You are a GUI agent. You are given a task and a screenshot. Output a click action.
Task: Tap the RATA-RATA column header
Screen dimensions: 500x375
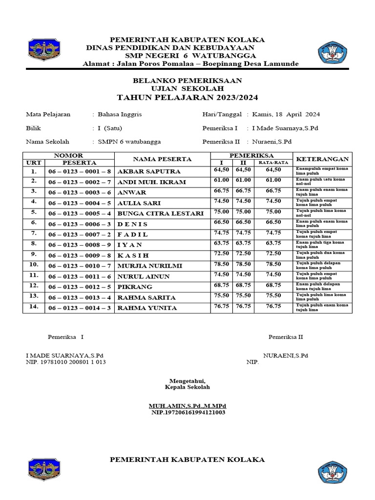pos(273,163)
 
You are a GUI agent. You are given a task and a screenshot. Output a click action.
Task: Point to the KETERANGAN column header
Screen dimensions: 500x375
pos(323,159)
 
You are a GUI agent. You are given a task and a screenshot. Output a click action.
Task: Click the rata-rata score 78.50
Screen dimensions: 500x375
pos(273,264)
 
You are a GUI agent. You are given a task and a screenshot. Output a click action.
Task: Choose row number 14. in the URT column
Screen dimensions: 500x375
pos(34,307)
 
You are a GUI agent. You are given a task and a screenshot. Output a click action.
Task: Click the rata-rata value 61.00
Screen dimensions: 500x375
pos(273,180)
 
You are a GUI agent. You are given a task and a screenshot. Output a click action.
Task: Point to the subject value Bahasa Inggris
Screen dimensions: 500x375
pos(120,114)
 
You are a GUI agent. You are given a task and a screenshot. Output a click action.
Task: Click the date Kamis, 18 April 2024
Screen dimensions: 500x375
pos(286,114)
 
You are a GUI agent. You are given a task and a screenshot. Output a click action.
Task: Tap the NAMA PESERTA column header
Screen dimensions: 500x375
pos(162,159)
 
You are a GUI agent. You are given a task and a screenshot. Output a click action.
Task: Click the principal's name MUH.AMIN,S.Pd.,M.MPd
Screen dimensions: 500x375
pos(187,406)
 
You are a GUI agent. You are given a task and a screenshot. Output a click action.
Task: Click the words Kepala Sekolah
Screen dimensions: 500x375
pos(187,387)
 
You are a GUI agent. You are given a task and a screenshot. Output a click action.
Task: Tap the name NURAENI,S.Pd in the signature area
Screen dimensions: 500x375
pos(286,355)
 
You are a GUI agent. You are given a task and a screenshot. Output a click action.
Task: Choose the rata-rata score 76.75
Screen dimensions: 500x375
pos(273,306)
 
